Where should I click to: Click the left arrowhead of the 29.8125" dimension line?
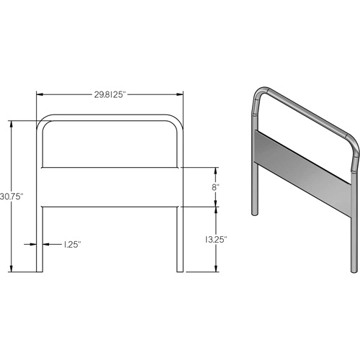coord(40,94)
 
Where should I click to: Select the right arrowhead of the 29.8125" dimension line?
coord(180,94)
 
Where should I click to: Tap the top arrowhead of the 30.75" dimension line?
coord(12,123)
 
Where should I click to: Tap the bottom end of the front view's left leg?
coord(40,270)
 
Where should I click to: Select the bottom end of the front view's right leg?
coord(180,270)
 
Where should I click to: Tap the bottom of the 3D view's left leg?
coord(253,213)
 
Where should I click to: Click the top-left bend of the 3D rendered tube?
coord(259,95)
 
